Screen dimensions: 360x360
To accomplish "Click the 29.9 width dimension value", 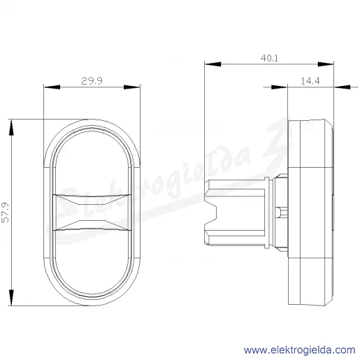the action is point(92,81).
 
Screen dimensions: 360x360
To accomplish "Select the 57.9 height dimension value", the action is point(6,213).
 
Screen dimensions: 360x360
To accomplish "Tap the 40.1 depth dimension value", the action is point(269,58).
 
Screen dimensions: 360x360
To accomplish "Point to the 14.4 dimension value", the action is point(310,81).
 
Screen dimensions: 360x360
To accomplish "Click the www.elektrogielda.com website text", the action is point(300,350).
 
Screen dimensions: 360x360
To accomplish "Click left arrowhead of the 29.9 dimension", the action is point(52,87).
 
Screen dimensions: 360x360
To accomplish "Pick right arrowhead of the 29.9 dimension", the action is point(131,87).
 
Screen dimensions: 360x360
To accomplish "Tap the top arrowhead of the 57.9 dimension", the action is point(11,127).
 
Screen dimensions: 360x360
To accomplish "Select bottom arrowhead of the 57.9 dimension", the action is point(11,298).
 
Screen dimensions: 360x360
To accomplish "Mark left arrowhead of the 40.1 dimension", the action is point(213,64).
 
